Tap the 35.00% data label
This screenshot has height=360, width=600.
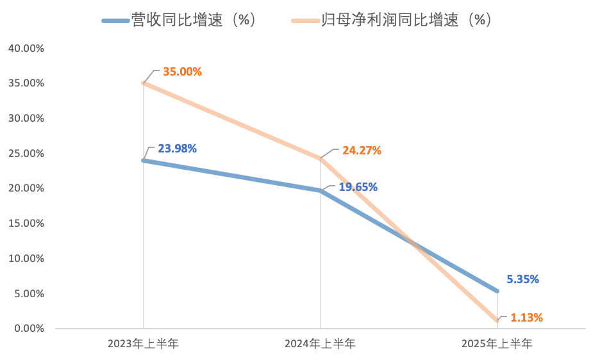point(182,72)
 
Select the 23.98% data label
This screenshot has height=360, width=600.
point(177,149)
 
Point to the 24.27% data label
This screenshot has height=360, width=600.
point(362,151)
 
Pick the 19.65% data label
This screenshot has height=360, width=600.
point(358,187)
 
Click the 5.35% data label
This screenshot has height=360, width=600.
point(522,279)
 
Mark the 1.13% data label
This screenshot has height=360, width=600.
point(527,317)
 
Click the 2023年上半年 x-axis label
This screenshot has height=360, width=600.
point(143,344)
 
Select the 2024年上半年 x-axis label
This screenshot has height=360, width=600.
point(320,344)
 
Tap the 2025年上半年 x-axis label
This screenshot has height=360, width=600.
point(497,344)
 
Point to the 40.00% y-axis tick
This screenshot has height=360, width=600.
point(26,48)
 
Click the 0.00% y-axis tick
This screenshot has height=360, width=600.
point(28,329)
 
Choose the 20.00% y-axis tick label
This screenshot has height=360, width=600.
point(26,188)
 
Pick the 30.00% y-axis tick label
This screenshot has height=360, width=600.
point(26,119)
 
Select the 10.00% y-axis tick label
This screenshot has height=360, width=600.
point(26,259)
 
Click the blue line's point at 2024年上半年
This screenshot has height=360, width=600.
point(320,190)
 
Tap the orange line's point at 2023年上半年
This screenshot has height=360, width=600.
point(143,83)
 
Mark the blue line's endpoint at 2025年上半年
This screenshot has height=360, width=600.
point(497,291)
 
